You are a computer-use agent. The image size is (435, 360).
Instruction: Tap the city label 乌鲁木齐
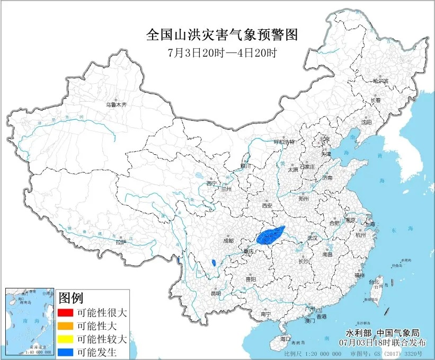pyautogui.click(x=116, y=105)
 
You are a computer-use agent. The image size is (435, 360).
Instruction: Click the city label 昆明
pyautogui.click(x=216, y=293)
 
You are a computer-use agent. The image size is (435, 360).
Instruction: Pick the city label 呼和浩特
pyautogui.click(x=283, y=142)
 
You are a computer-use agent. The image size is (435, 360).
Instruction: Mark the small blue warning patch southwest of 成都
pyautogui.click(x=213, y=262)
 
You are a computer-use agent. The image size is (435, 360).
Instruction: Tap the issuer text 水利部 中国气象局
pyautogui.click(x=383, y=332)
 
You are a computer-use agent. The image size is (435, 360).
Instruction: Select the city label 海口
pyautogui.click(x=286, y=338)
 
